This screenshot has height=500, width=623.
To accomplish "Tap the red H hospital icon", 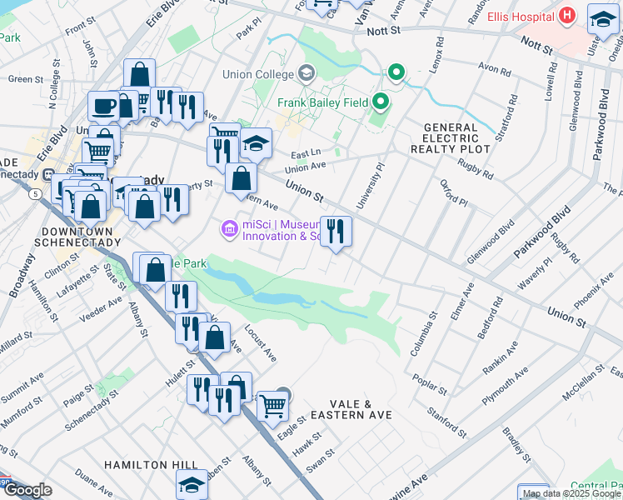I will pos(567,15).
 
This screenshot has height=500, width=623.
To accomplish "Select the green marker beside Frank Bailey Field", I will pos(381,102).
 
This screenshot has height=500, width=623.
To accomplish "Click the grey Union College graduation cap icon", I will pos(307,72).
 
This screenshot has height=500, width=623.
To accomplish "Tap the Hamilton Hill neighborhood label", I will pos(151,464).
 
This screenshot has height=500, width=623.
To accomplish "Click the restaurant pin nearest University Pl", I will pos(336,231).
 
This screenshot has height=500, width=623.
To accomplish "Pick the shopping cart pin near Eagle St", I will pos(272,407).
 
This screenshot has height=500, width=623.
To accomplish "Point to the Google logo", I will pos(27,490).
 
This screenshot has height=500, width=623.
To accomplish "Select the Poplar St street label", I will pos(431,384).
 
